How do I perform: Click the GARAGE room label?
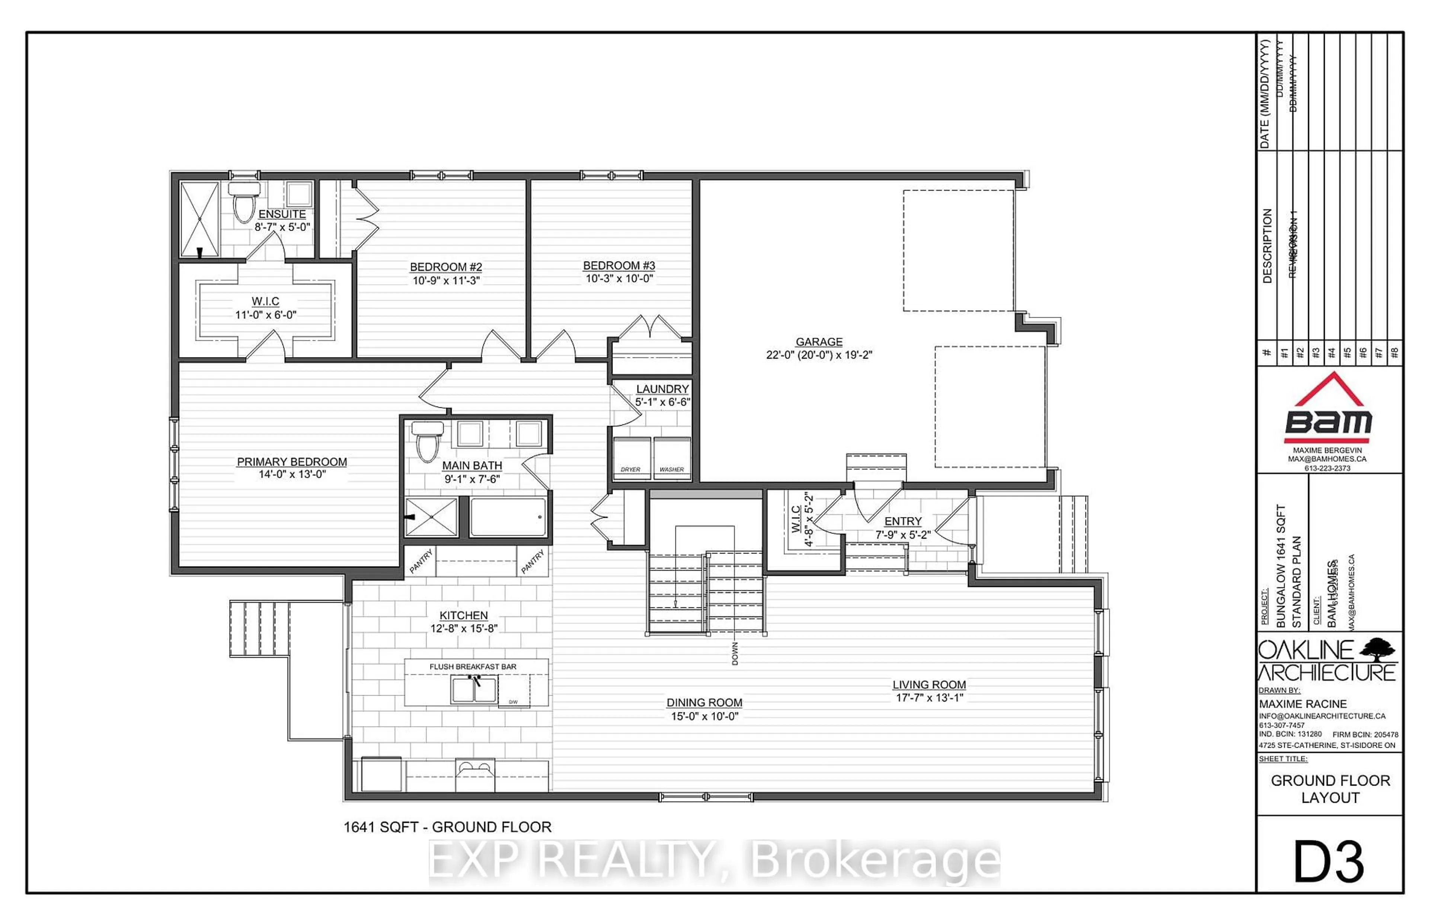[x=819, y=341]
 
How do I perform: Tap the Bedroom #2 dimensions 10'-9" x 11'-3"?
[x=445, y=280]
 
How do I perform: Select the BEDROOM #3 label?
[x=619, y=265]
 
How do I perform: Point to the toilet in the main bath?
[x=427, y=442]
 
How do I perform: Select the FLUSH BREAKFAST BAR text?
[x=473, y=667]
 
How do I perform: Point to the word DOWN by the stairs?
[x=735, y=654]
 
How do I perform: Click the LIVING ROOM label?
[x=928, y=684]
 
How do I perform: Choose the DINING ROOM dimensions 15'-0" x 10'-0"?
[x=704, y=716]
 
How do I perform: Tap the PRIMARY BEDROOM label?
[x=292, y=461]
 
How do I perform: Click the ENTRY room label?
[x=903, y=522]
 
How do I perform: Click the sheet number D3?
[x=1329, y=862]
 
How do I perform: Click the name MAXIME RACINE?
[x=1302, y=704]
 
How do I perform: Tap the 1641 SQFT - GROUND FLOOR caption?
[x=447, y=827]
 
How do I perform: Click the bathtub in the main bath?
[x=508, y=517]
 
